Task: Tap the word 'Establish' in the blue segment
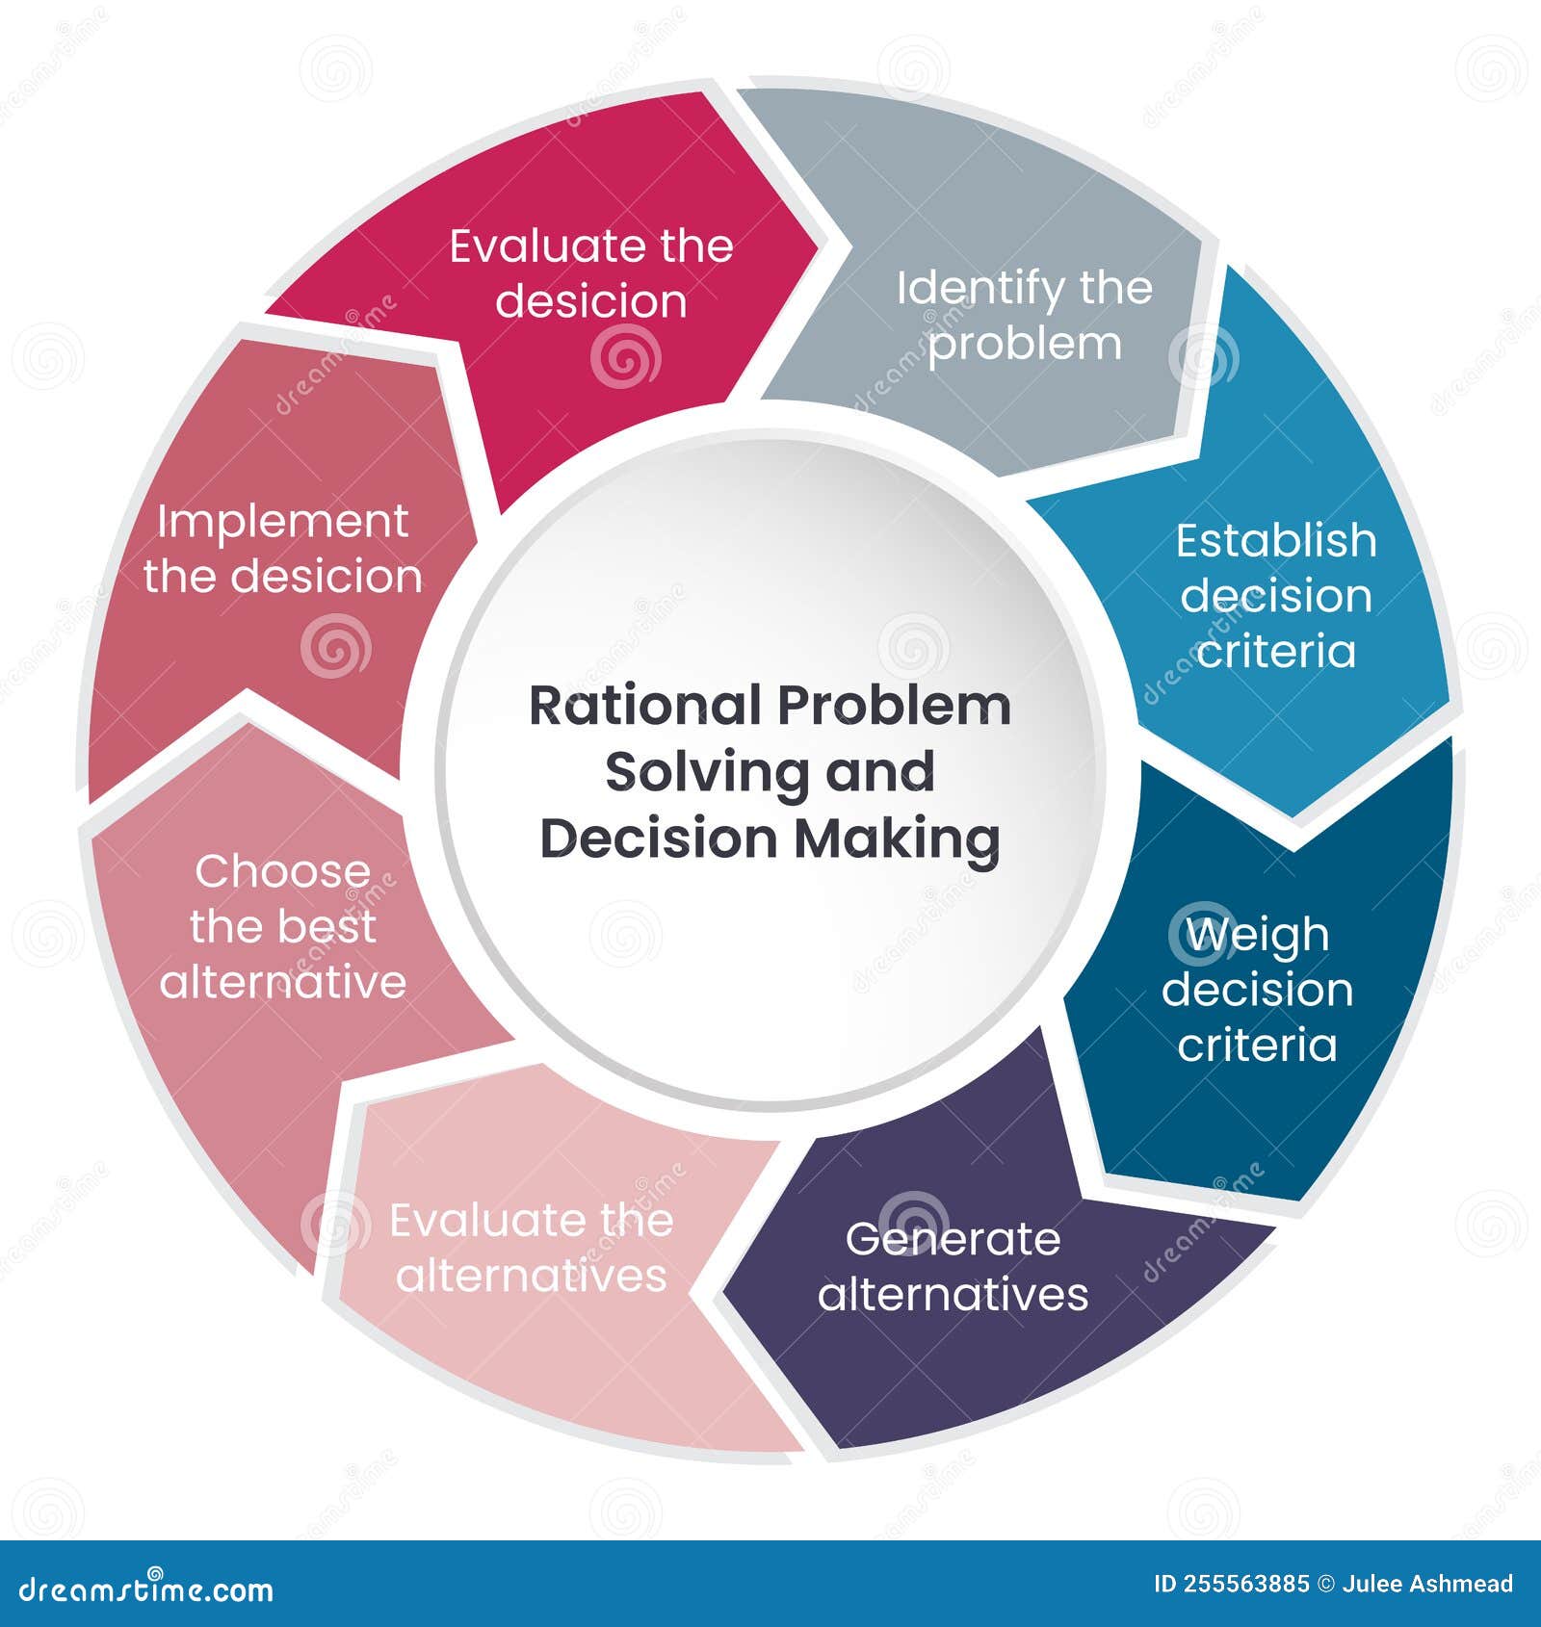[x=1276, y=541]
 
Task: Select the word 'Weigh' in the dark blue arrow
[x=1257, y=935]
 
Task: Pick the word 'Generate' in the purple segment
[x=953, y=1239]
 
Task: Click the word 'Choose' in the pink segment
[x=283, y=871]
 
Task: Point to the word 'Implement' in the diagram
[x=283, y=522]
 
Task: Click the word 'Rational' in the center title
[x=645, y=706]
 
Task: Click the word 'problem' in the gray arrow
[x=1025, y=344]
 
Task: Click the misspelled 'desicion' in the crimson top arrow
[x=591, y=300]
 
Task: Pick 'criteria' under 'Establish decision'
[x=1276, y=652]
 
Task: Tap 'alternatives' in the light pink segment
[x=531, y=1276]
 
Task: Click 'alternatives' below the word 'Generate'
[x=953, y=1294]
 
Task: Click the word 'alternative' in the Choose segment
[x=283, y=982]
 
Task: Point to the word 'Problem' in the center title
[x=895, y=706]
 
